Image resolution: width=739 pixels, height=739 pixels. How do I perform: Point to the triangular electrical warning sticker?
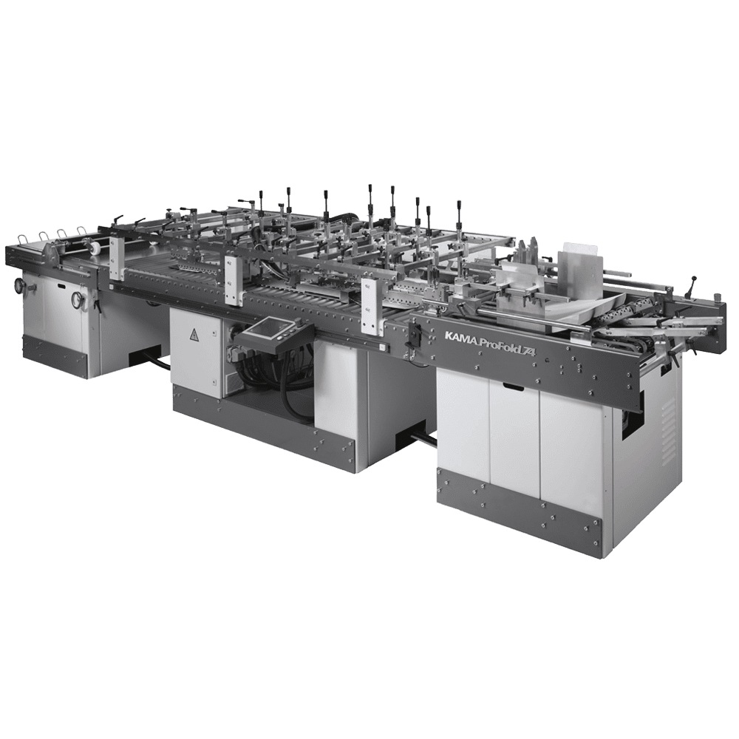tap(194, 335)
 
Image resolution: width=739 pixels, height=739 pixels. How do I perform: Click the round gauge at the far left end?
tap(20, 285)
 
